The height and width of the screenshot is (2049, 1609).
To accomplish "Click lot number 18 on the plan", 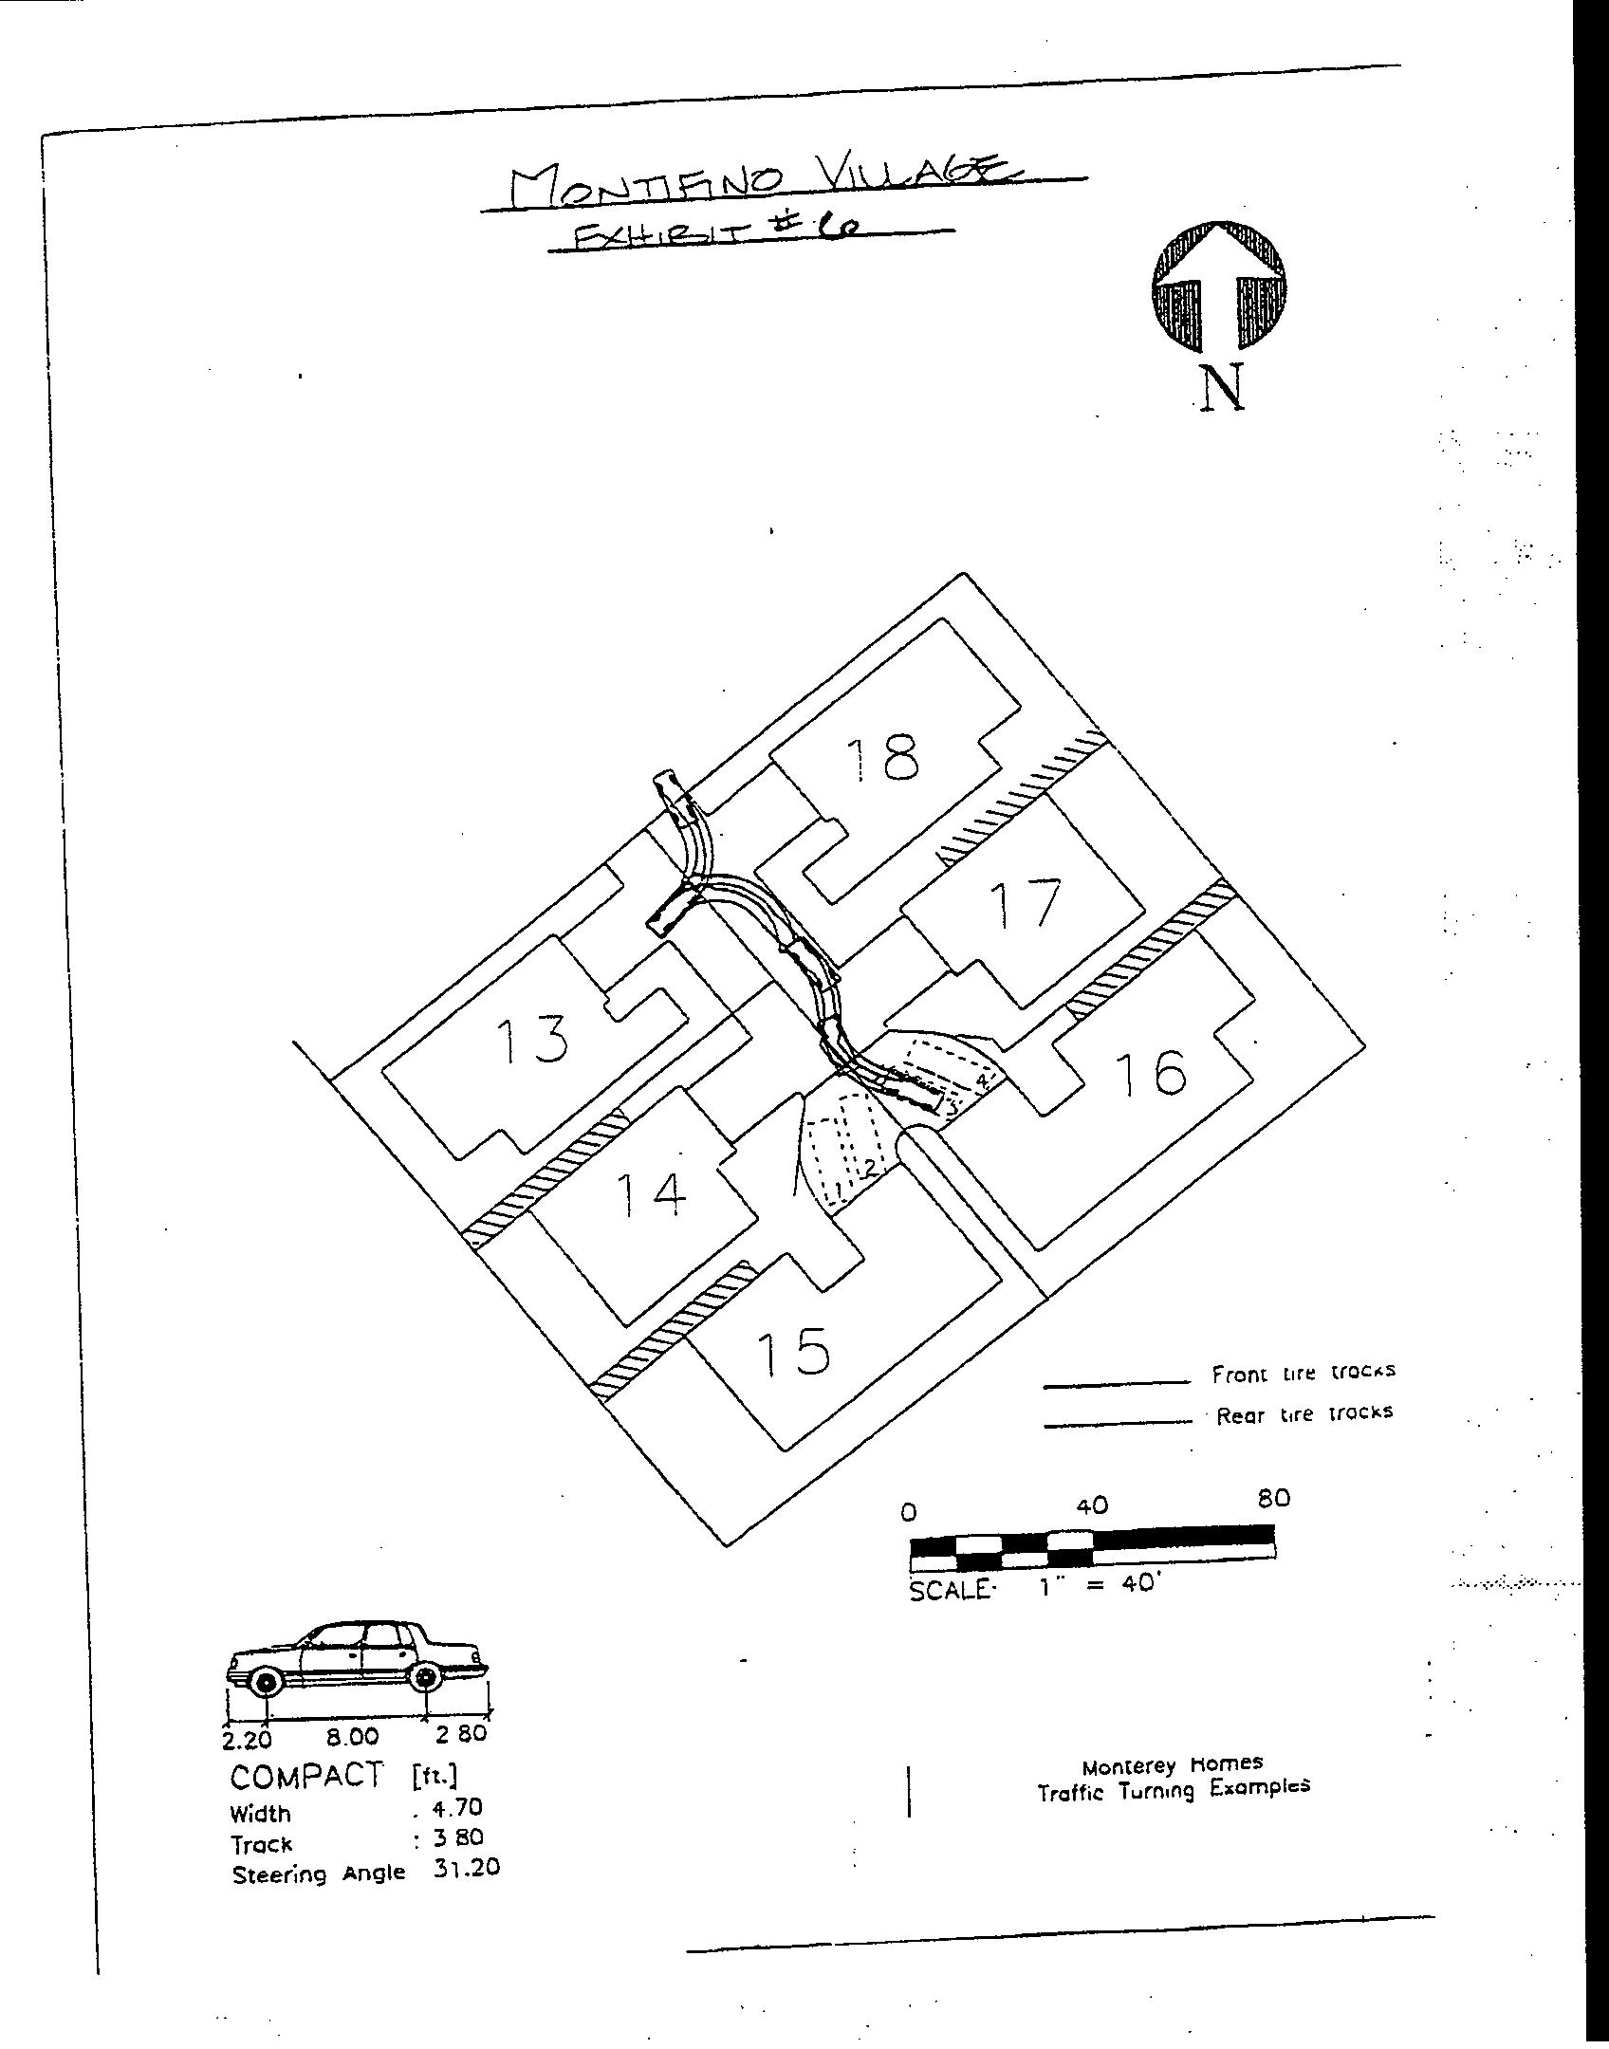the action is [883, 758].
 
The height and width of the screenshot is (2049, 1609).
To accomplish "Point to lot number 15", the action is [794, 1351].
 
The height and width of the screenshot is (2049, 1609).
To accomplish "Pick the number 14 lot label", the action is [651, 1194].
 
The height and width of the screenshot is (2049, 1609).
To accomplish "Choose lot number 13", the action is [532, 1039].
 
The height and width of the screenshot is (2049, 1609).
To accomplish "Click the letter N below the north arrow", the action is [1222, 388].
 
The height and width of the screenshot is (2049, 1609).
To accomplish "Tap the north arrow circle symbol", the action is [1219, 286].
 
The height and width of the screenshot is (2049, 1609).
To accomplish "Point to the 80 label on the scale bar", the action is [1273, 1498].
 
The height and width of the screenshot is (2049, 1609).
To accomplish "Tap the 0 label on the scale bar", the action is [909, 1512].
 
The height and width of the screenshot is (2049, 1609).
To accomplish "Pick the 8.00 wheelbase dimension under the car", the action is [352, 1737].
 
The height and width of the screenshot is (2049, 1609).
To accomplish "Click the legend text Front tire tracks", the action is [1303, 1373].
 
